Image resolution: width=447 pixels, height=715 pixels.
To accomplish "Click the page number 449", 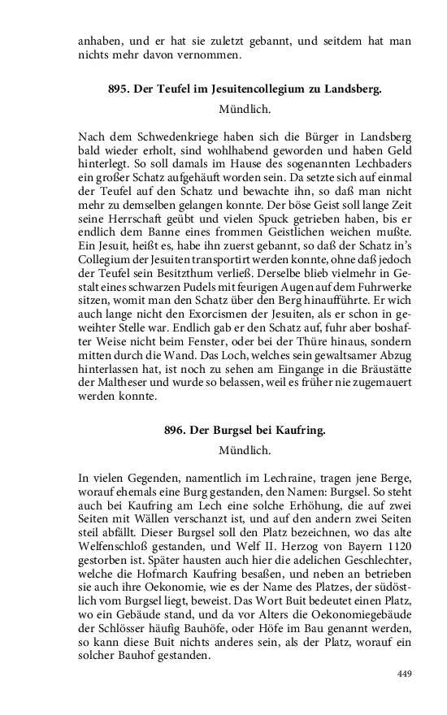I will (x=405, y=674).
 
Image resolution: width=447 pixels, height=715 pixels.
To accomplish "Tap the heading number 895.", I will (x=121, y=90).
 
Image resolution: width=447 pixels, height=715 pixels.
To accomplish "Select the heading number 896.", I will (x=176, y=431).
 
